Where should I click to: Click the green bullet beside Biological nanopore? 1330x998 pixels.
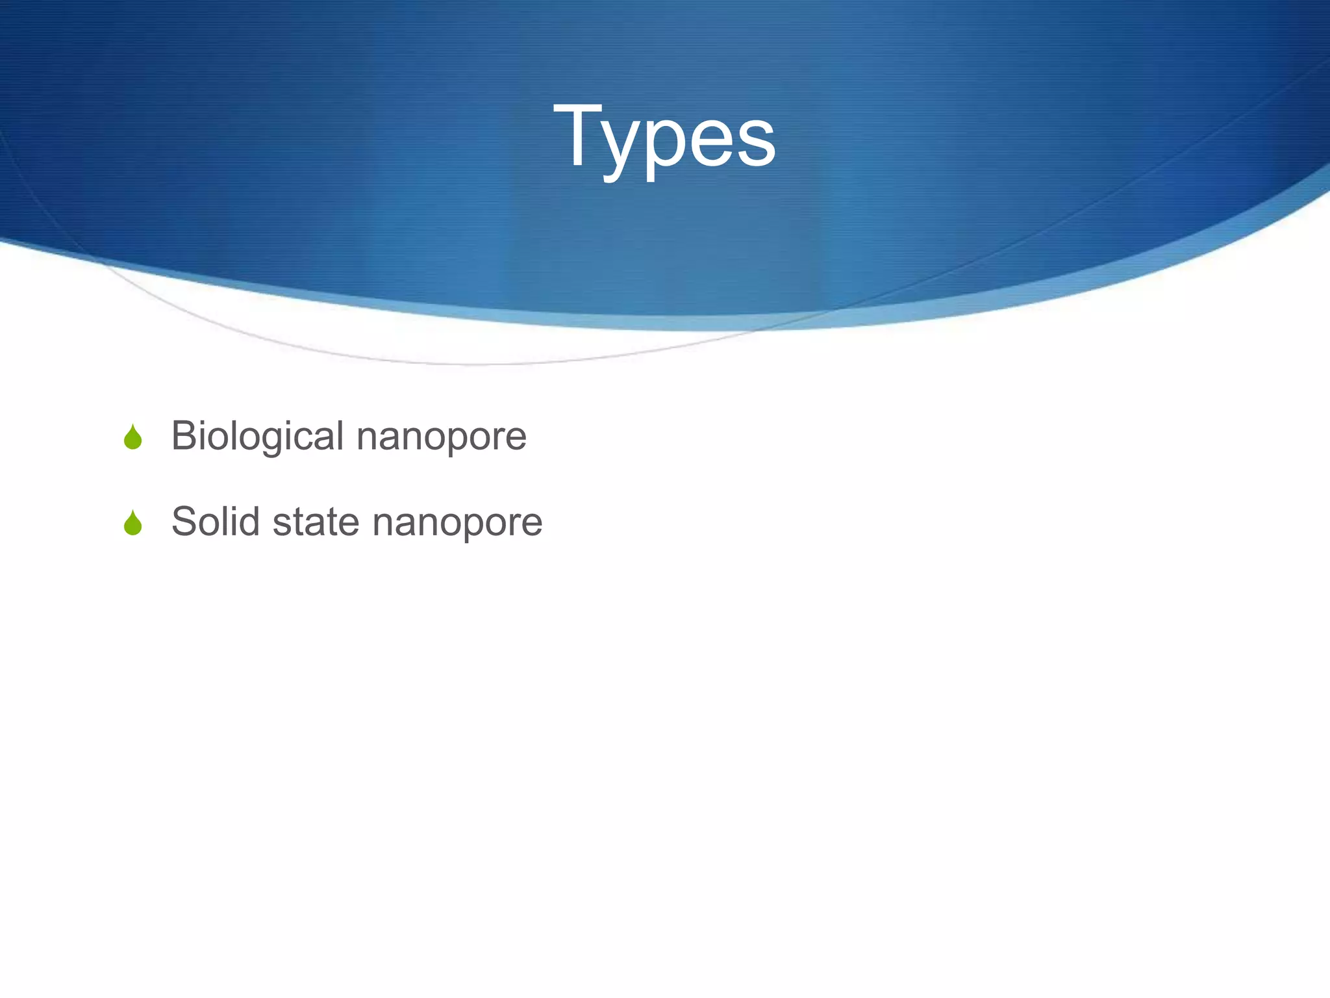point(132,437)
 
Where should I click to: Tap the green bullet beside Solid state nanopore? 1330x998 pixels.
point(132,523)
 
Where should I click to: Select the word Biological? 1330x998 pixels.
point(257,436)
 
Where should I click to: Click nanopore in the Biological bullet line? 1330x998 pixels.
point(442,437)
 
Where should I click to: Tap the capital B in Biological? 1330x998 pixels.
point(183,435)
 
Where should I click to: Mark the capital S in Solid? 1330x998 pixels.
point(184,521)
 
